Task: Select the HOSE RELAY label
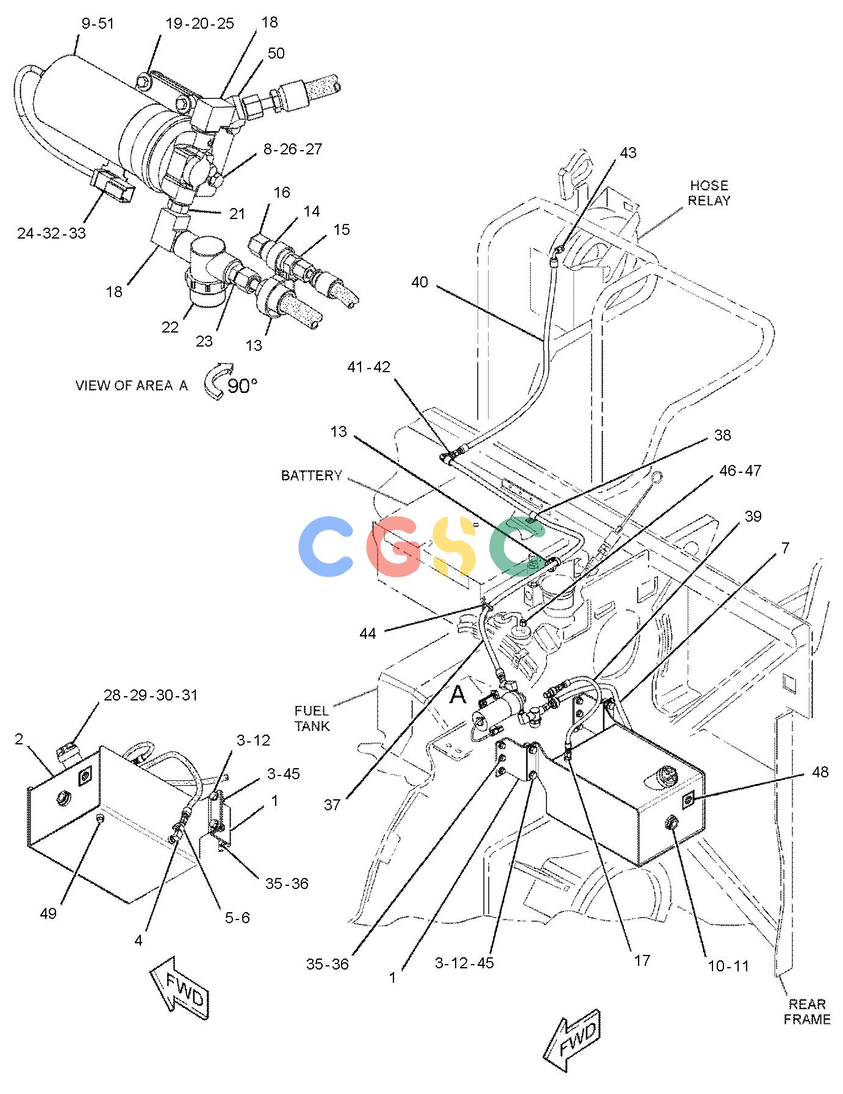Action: [x=709, y=193]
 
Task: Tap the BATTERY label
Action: [x=312, y=476]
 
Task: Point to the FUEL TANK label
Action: [x=312, y=718]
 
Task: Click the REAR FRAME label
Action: [x=807, y=1012]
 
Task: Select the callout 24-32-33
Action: [x=51, y=233]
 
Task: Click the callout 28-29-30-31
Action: [x=151, y=695]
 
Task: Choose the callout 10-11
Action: [x=728, y=966]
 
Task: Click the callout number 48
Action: [x=820, y=772]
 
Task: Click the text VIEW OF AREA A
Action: [x=131, y=386]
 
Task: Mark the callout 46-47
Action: [x=741, y=470]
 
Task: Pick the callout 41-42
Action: [x=368, y=367]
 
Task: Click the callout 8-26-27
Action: [x=293, y=149]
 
